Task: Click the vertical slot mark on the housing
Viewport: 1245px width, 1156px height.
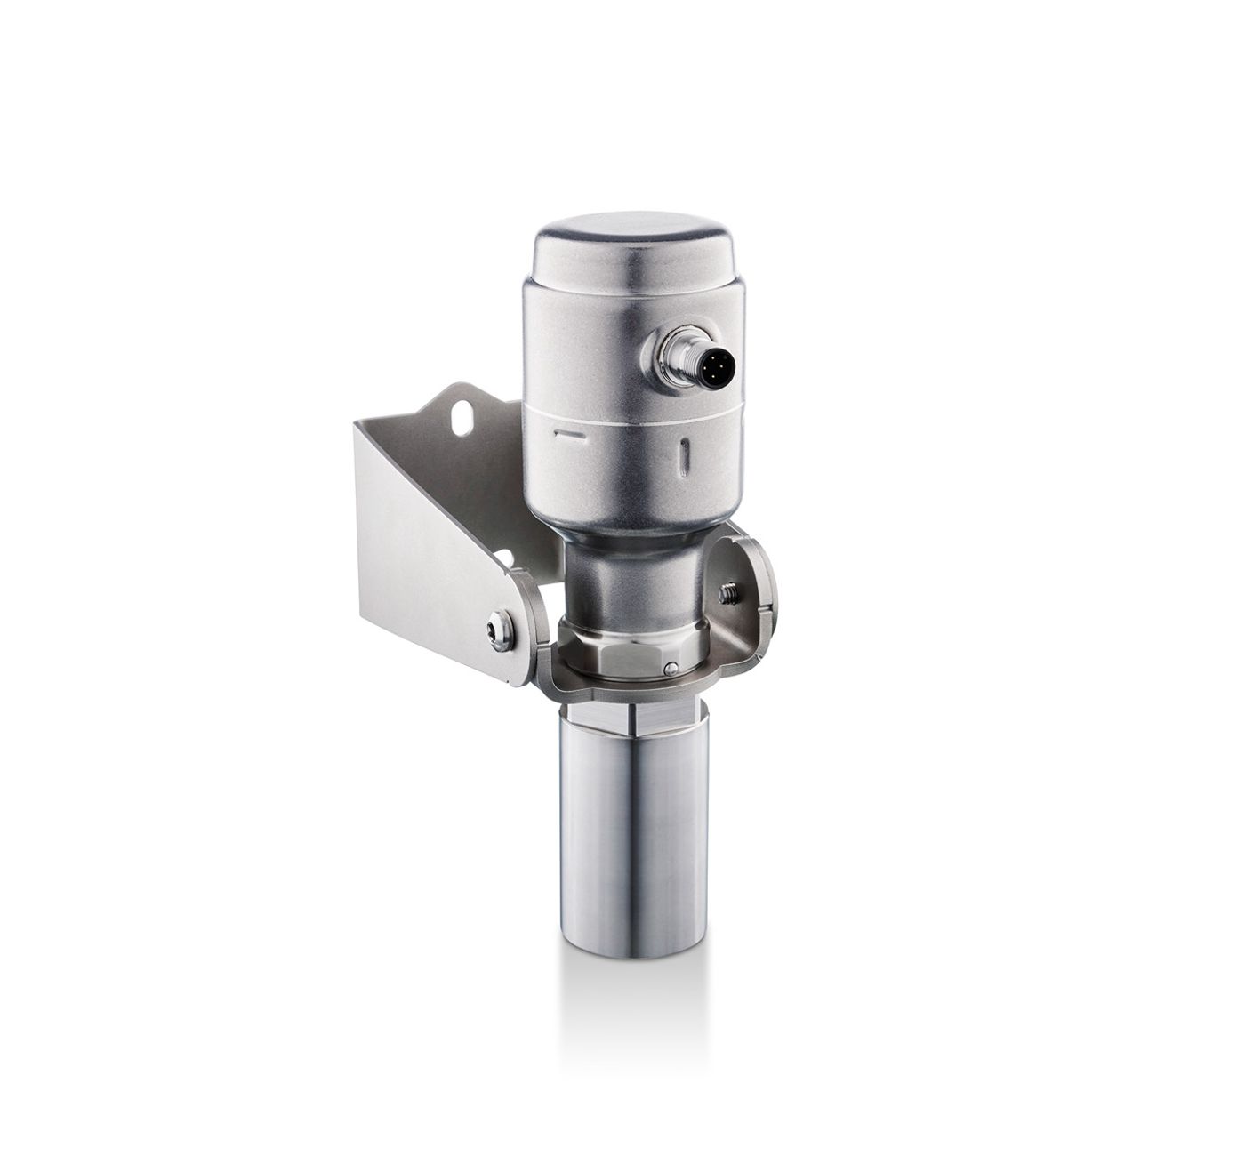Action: coord(684,458)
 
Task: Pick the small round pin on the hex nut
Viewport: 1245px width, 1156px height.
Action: coord(671,668)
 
